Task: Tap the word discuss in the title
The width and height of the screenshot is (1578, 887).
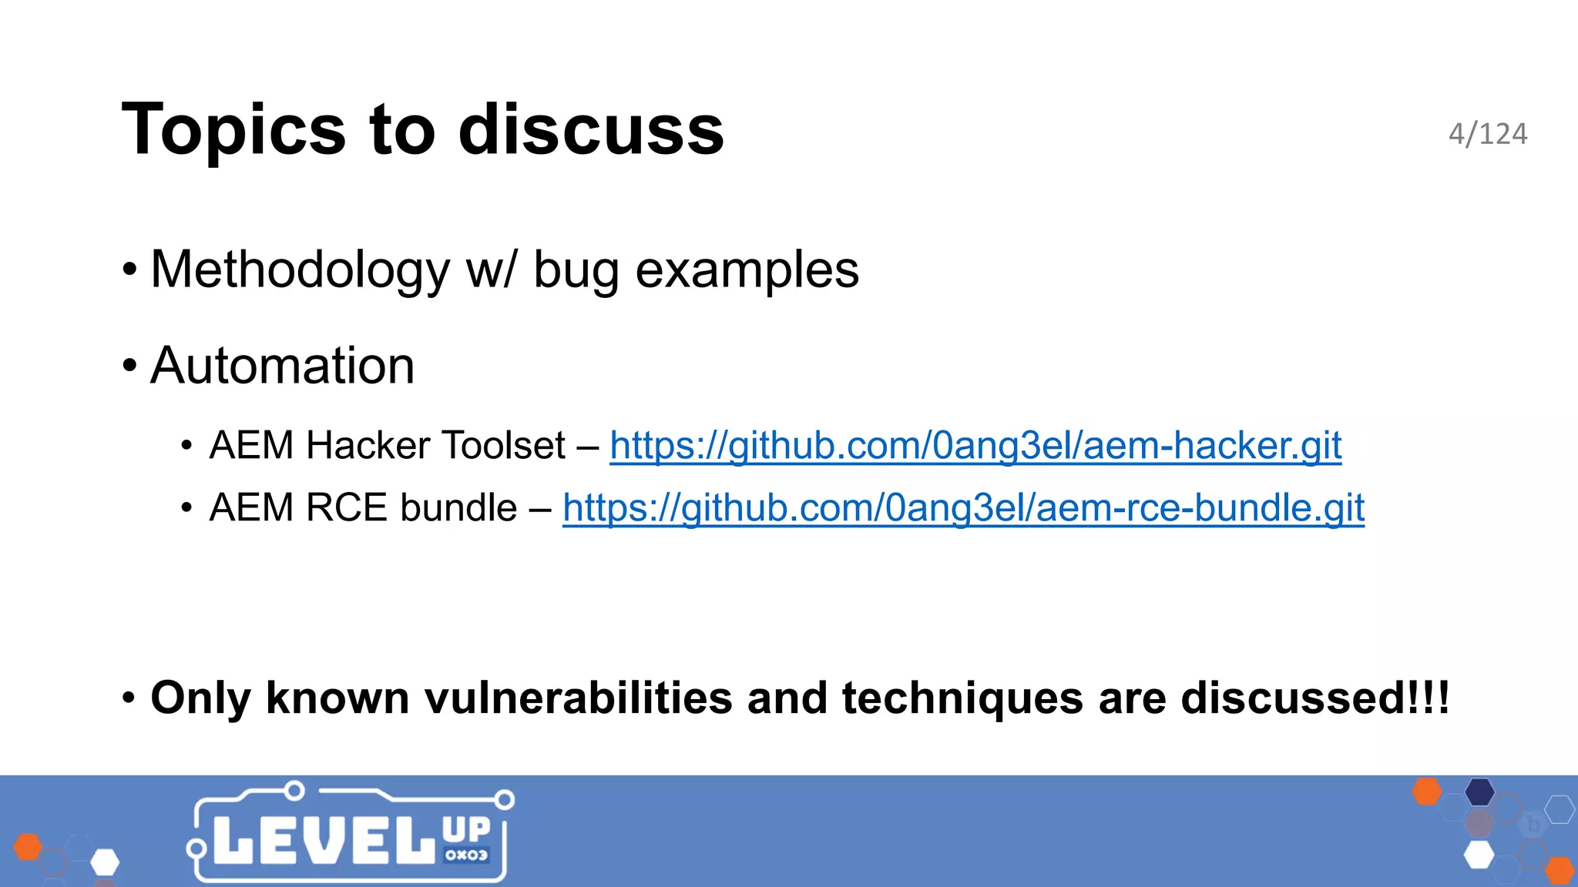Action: click(x=591, y=129)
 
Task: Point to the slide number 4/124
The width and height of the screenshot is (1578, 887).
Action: click(x=1487, y=134)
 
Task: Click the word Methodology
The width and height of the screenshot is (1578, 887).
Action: click(x=300, y=271)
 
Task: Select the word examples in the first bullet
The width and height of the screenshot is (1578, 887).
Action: click(x=747, y=271)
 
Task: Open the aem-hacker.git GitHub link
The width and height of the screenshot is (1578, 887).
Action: click(x=975, y=446)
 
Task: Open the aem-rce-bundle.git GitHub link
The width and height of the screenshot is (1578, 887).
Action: click(x=963, y=508)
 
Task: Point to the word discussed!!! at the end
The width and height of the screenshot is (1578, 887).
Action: click(x=1314, y=698)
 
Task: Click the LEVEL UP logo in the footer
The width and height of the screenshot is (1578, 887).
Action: click(x=351, y=835)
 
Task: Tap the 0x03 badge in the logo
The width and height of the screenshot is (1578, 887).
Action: click(x=466, y=855)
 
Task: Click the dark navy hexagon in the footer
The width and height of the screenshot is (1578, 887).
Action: click(x=1479, y=792)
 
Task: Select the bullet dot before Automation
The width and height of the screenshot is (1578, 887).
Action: click(x=129, y=366)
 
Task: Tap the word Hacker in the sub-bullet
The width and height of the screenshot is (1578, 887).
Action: click(x=368, y=446)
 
